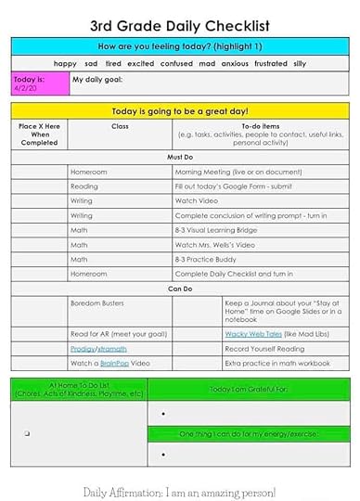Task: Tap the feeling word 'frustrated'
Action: click(x=271, y=63)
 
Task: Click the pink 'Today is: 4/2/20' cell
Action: click(x=39, y=83)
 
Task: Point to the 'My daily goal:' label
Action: click(x=96, y=80)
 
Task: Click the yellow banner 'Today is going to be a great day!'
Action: click(x=181, y=110)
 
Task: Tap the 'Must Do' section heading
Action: click(x=181, y=158)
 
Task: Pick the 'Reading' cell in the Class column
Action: click(x=84, y=186)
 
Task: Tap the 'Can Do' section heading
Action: click(x=181, y=288)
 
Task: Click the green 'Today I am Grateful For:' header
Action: click(x=249, y=390)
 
